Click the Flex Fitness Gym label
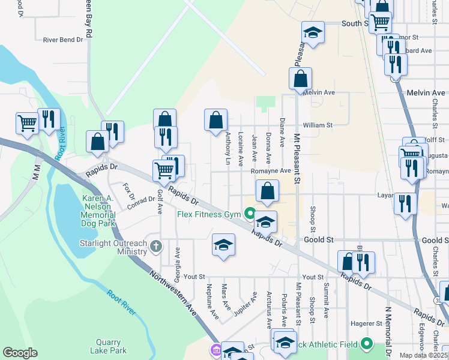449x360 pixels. [x=208, y=214]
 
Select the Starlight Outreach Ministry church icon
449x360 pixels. [x=156, y=246]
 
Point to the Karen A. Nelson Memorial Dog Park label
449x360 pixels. [x=98, y=211]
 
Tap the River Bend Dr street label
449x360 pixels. [x=62, y=40]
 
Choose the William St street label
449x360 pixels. [x=318, y=125]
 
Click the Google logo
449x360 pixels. [x=20, y=353]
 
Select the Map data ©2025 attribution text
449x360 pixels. [x=424, y=355]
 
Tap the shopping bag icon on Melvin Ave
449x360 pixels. [x=300, y=79]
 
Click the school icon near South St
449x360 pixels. [x=313, y=32]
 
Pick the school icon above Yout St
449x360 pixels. [x=223, y=245]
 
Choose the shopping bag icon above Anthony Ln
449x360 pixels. [x=215, y=119]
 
